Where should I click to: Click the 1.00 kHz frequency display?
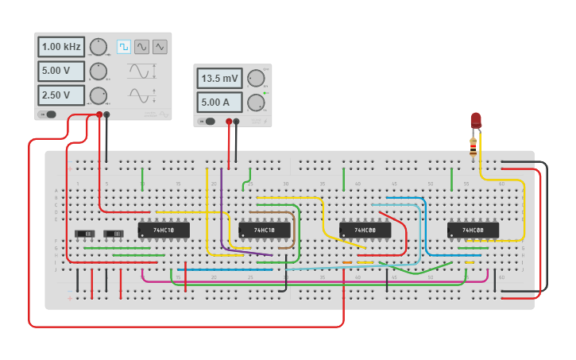click(60, 47)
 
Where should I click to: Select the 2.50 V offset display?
click(60, 95)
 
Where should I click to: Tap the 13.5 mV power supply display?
click(219, 79)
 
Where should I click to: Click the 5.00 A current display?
click(219, 103)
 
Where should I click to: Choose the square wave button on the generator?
click(124, 47)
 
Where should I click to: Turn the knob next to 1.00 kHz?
click(98, 47)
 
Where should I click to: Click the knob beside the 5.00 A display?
click(256, 103)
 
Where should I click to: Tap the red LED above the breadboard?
click(476, 120)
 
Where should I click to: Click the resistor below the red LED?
click(474, 145)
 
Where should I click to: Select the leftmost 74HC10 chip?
click(164, 230)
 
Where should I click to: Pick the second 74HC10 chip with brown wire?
click(264, 230)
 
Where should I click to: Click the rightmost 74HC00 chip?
click(473, 230)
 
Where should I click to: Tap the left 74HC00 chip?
click(365, 230)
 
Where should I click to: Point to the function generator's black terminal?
click(107, 114)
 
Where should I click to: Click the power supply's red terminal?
click(229, 122)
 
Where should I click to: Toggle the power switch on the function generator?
click(48, 114)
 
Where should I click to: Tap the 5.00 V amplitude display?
click(60, 72)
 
